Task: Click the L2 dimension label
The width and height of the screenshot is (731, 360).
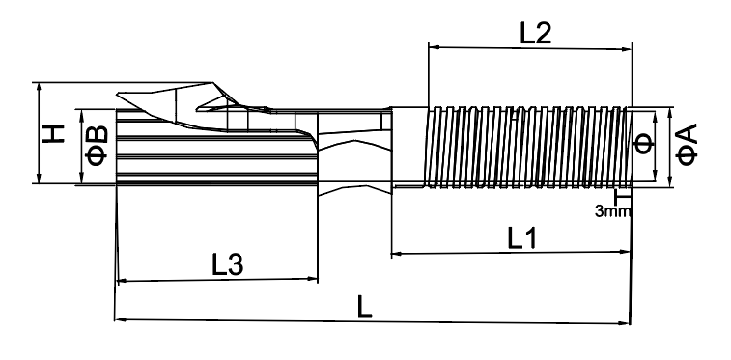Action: [x=535, y=34]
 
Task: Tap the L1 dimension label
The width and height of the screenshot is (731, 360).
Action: [x=522, y=239]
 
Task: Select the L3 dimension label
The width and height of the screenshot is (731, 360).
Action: [x=228, y=265]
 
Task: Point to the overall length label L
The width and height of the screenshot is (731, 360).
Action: [x=365, y=307]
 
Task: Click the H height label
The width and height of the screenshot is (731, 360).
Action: [x=53, y=133]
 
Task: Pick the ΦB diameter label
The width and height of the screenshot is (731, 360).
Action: [x=98, y=146]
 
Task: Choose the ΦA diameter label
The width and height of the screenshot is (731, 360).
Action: [x=687, y=145]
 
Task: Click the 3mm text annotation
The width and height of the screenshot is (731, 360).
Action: [x=612, y=211]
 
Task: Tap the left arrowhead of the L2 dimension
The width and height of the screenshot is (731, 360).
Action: [x=433, y=46]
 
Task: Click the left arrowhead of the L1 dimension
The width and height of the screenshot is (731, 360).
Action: [x=395, y=254]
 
